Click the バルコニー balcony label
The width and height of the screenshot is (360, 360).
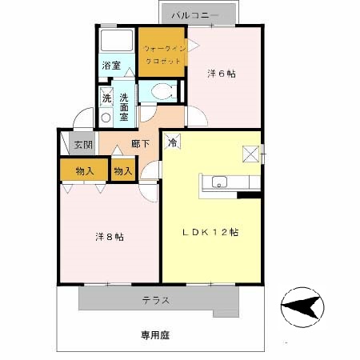click(194, 15)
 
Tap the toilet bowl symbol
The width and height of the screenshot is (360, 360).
click(163, 91)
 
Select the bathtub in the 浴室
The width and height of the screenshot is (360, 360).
click(117, 40)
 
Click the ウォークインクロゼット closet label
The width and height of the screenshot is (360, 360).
click(162, 55)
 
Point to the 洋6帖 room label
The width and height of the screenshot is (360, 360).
click(222, 74)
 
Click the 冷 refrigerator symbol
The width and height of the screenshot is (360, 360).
click(172, 142)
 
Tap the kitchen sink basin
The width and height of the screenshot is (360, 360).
click(219, 182)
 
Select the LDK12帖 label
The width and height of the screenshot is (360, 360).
click(210, 232)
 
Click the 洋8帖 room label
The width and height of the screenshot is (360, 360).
click(110, 237)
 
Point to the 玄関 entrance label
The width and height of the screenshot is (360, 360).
click(83, 145)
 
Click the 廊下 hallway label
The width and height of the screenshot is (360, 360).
click(140, 144)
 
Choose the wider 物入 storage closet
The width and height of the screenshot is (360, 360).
click(84, 170)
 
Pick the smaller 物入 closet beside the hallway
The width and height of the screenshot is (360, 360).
click(123, 170)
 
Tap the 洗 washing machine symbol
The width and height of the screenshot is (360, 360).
click(106, 97)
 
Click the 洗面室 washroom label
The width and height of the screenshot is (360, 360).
click(124, 107)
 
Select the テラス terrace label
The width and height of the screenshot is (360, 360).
click(156, 301)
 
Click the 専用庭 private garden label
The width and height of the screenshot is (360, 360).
click(155, 335)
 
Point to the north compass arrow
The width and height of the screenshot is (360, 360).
click(302, 307)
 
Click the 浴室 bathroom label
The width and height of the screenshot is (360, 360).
click(111, 66)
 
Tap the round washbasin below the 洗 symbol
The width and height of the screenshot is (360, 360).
click(106, 118)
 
